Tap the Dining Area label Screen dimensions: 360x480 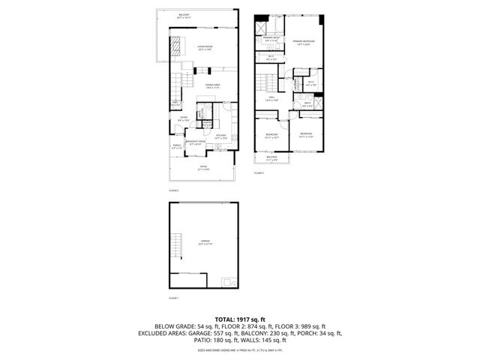point(213,87)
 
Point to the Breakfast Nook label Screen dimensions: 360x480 point(195,143)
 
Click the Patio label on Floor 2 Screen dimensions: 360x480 point(203,167)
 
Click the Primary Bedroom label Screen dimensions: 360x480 point(302,42)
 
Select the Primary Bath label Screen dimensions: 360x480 point(271,40)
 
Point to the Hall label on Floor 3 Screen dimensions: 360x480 point(272,99)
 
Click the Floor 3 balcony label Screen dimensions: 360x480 point(271,158)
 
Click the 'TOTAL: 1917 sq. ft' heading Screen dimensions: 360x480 point(240,319)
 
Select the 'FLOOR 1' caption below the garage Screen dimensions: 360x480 point(173,298)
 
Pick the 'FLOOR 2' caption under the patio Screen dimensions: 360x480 point(173,190)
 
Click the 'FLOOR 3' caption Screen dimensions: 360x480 point(259,173)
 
